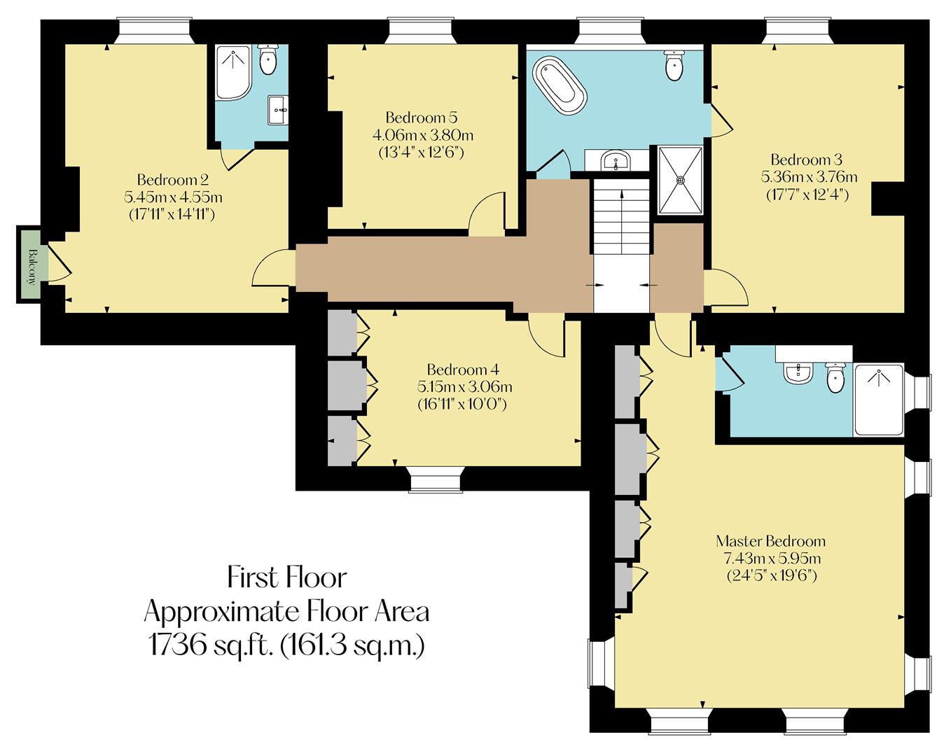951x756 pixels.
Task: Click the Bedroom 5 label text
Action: click(422, 117)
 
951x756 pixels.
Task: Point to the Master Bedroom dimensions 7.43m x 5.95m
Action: click(771, 559)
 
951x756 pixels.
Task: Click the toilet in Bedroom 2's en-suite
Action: click(269, 59)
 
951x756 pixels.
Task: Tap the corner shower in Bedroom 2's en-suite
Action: click(231, 71)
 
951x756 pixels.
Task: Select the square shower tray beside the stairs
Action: click(679, 180)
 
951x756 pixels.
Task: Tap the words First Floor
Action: click(286, 578)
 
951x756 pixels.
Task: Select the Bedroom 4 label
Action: click(463, 369)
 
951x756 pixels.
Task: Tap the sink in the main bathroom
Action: click(616, 162)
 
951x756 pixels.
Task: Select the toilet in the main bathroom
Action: click(674, 66)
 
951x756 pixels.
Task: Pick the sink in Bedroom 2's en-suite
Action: click(278, 109)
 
